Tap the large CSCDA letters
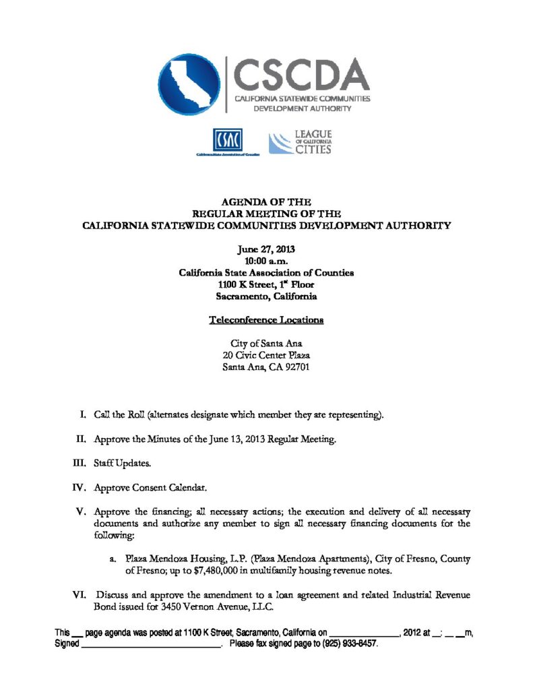coord(301,74)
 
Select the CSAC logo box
coord(228,140)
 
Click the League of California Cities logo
coord(301,143)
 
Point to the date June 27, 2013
coord(266,249)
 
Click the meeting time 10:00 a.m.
coord(266,261)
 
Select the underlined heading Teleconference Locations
coord(266,319)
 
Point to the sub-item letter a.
coord(112,559)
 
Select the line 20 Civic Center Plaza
coord(266,355)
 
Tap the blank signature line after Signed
coord(151,645)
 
